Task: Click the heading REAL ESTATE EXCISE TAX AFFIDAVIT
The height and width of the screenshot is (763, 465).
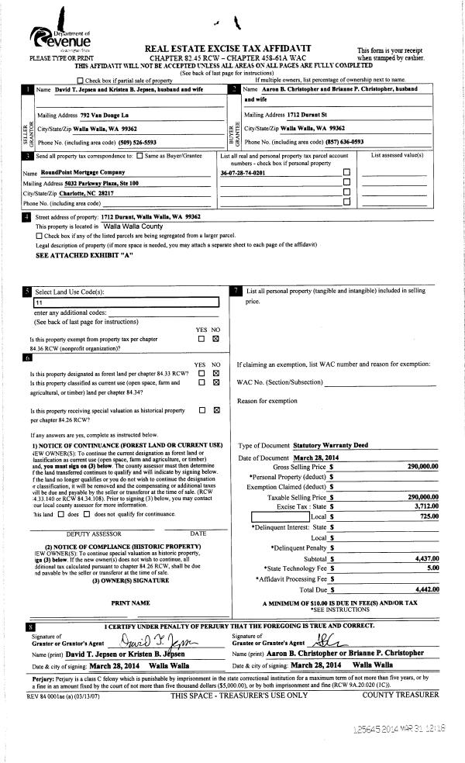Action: (243, 48)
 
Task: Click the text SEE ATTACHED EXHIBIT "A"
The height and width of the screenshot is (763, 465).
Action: (84, 254)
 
